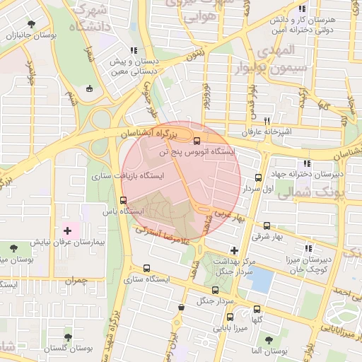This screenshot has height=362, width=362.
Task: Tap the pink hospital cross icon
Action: [x=68, y=230]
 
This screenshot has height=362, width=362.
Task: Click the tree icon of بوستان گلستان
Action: [x=68, y=337]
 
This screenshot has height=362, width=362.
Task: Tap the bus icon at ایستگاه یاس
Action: [x=124, y=200]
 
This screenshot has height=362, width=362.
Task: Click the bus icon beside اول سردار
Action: [x=257, y=178]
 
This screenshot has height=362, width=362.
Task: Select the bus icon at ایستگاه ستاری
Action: [x=146, y=268]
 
